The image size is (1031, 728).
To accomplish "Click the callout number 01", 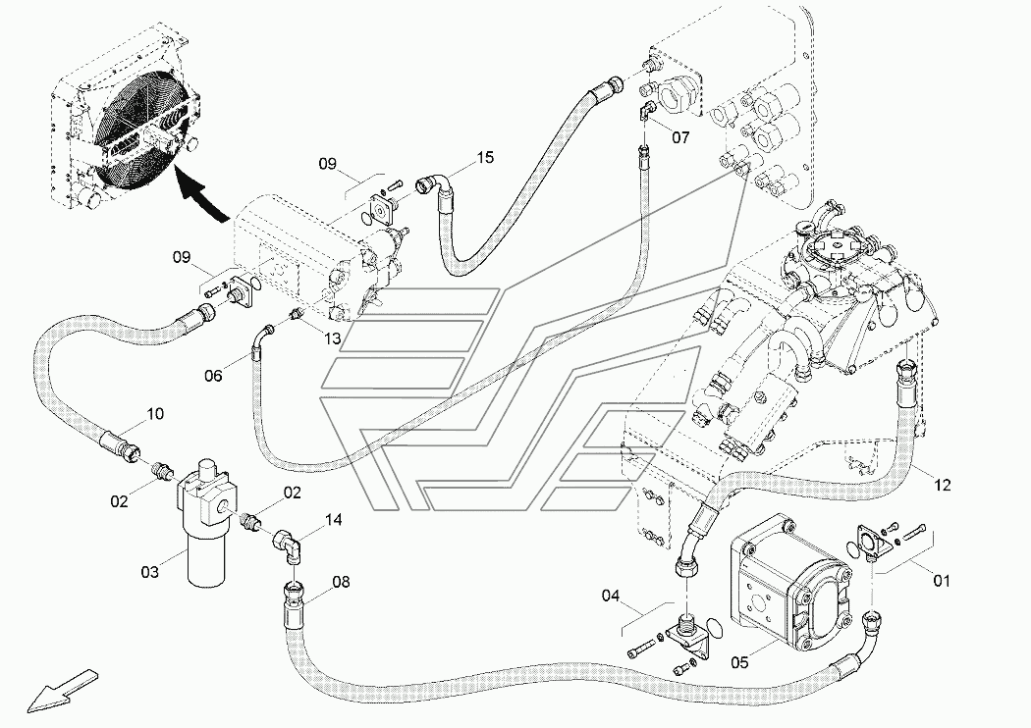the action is pos(942,581).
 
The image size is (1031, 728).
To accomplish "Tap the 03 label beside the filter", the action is pos(150,572).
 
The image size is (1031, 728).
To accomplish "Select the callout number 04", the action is pos(610,596).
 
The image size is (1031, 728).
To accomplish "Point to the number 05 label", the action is pos(739,662).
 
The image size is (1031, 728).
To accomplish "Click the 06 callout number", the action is pos(213,376).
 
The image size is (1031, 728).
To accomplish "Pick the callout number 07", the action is pos(680,137).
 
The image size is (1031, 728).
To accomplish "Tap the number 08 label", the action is pos(341,582).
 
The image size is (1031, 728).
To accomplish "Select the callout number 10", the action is pos(154,414).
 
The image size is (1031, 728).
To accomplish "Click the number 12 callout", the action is pos(943,486).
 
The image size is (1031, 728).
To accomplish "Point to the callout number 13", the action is pos(332,338).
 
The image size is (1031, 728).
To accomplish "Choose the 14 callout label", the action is pos(334,520).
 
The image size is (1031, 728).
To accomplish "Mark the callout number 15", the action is pos(485,158).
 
